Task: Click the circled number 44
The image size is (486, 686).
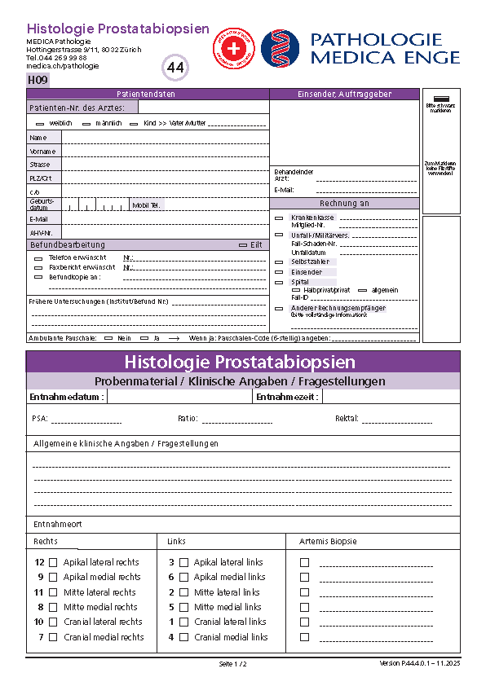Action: (175, 68)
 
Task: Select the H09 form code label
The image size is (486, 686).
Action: (38, 80)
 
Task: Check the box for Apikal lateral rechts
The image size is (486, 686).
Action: (53, 562)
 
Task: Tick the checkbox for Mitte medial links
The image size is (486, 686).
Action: (184, 607)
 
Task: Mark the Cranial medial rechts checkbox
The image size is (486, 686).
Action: (53, 637)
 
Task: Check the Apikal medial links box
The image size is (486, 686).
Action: (184, 577)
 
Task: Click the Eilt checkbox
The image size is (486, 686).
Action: (242, 245)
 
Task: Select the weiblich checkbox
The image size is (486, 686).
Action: (40, 124)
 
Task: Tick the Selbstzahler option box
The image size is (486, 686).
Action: (279, 262)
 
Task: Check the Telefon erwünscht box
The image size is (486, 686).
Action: (38, 257)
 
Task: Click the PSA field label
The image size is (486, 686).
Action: (39, 419)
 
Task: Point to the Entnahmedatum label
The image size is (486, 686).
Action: (66, 397)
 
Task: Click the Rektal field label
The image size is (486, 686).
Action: (347, 419)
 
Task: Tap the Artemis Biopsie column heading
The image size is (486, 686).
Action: (328, 541)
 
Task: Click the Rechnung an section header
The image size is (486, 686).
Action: (344, 204)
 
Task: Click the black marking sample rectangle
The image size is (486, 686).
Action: (441, 98)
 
